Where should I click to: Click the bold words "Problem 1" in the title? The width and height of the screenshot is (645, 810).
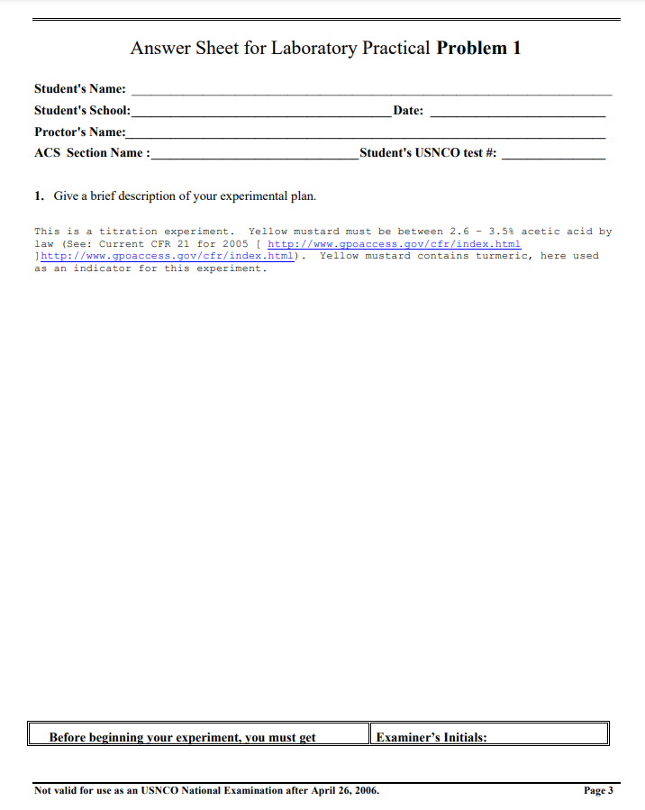click(x=478, y=49)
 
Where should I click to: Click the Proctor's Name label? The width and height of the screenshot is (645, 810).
click(x=80, y=132)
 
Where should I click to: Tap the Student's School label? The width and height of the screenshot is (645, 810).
click(x=82, y=111)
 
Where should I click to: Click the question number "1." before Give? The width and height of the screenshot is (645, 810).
click(x=40, y=196)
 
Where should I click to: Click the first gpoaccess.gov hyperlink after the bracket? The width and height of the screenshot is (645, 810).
click(x=395, y=244)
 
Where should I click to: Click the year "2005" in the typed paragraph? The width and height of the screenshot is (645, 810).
click(x=234, y=244)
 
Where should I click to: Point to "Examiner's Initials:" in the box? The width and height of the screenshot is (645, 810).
click(x=432, y=737)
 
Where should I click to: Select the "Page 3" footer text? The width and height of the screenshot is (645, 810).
click(x=598, y=791)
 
